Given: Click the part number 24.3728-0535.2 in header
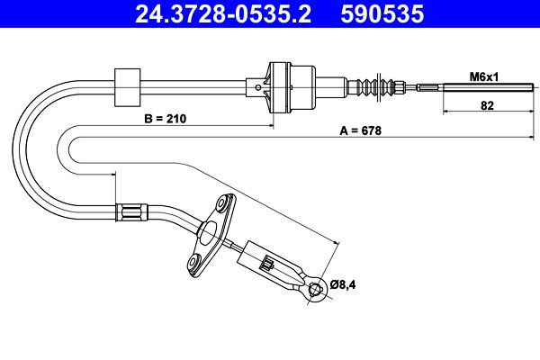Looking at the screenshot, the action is tap(223, 13).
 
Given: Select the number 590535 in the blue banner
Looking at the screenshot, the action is tap(382, 13).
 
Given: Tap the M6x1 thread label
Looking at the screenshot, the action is tap(484, 76).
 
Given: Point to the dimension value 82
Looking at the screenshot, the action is tap(487, 105).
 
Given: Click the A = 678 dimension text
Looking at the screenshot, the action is tap(361, 130).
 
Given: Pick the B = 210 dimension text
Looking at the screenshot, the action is tap(166, 119).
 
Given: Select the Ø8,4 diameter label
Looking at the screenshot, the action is tap(343, 284).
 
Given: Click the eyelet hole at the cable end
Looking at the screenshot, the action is tap(316, 289).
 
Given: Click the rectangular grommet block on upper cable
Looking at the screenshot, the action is tap(127, 87).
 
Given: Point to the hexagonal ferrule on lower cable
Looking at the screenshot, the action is tap(131, 212).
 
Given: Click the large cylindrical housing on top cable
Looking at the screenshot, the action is tap(292, 87).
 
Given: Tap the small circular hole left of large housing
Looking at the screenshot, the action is tap(258, 87).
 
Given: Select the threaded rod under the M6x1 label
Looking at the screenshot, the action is tap(488, 87).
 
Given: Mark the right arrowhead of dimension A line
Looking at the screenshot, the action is tap(531, 138).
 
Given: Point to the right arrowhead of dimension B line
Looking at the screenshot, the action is tap(270, 126).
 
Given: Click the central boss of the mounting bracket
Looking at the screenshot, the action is tap(207, 231).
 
